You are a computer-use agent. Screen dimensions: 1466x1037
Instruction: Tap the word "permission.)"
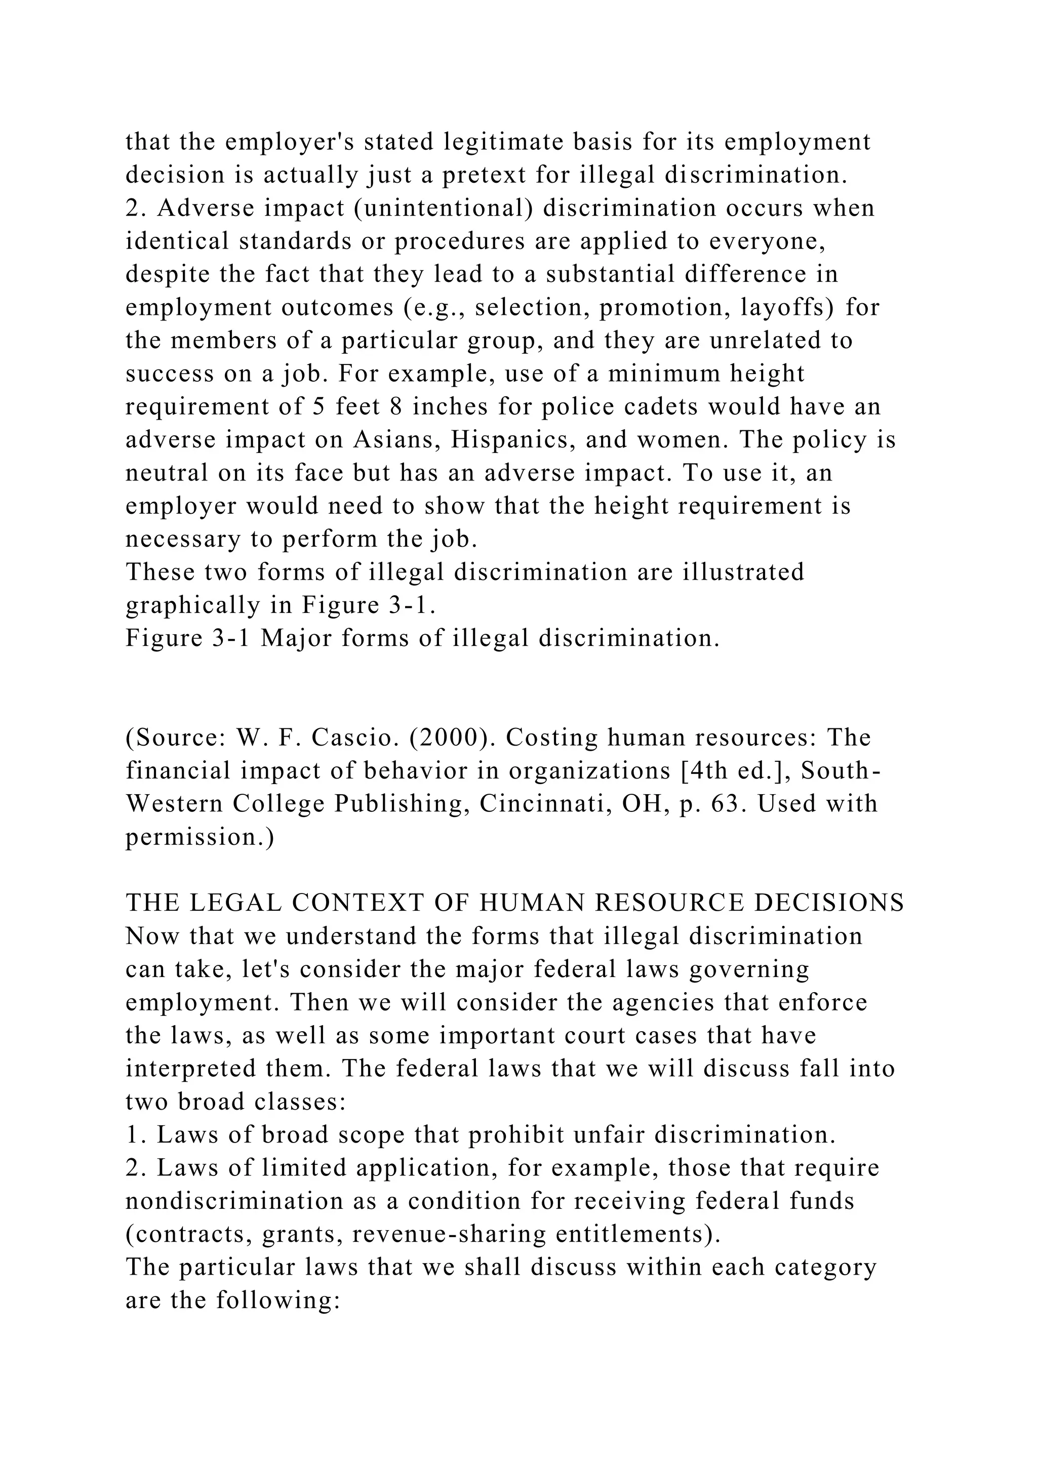coord(200,837)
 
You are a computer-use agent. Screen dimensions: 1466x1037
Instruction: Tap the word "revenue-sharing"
coord(449,1234)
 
